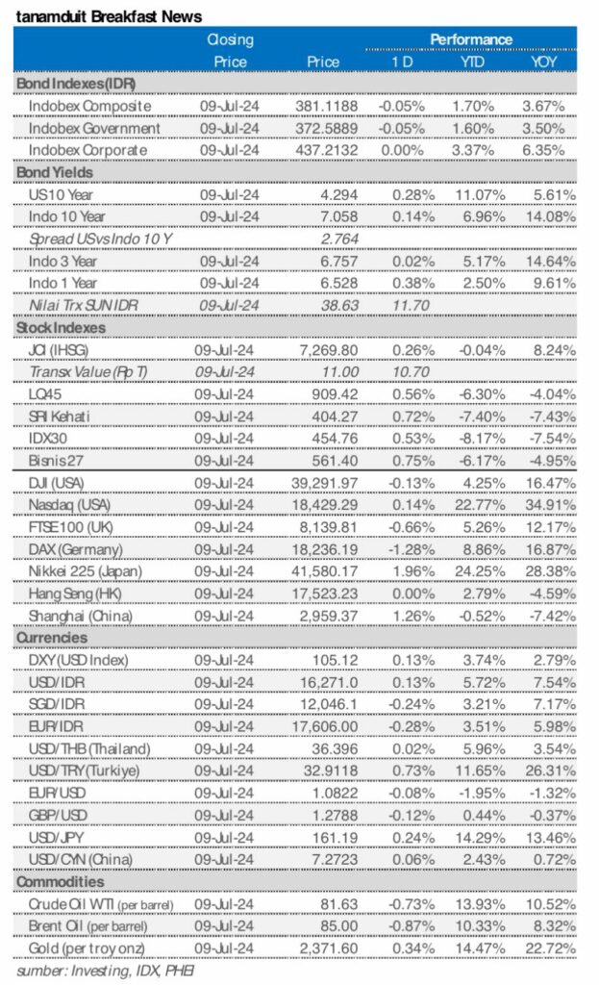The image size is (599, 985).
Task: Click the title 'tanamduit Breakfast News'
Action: coord(108,15)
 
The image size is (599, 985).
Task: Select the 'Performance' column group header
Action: coord(470,39)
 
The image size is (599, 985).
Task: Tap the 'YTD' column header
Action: coord(470,62)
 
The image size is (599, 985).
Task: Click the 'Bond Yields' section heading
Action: coord(55,172)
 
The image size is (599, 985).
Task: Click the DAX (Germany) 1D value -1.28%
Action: coord(396,548)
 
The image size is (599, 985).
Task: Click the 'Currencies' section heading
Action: coord(51,637)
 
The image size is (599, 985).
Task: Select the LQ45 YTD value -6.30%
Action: coord(473,393)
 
